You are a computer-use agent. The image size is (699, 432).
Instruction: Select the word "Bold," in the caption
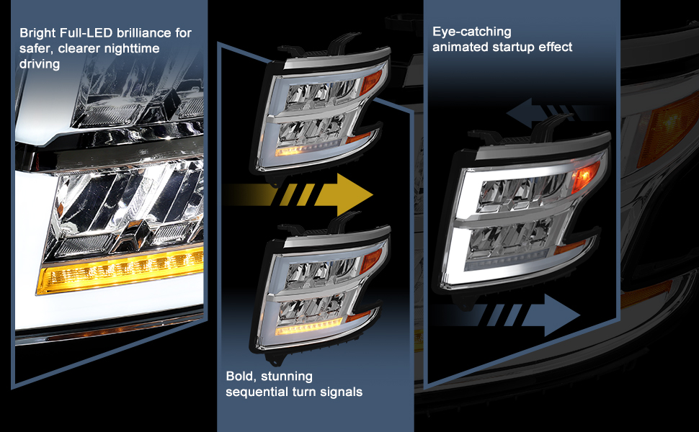tap(242, 377)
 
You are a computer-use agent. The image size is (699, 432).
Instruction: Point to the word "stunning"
tap(290, 377)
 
